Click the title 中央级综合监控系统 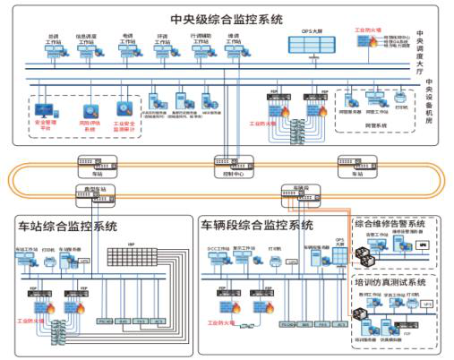click(x=227, y=19)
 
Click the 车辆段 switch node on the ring click(x=296, y=192)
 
